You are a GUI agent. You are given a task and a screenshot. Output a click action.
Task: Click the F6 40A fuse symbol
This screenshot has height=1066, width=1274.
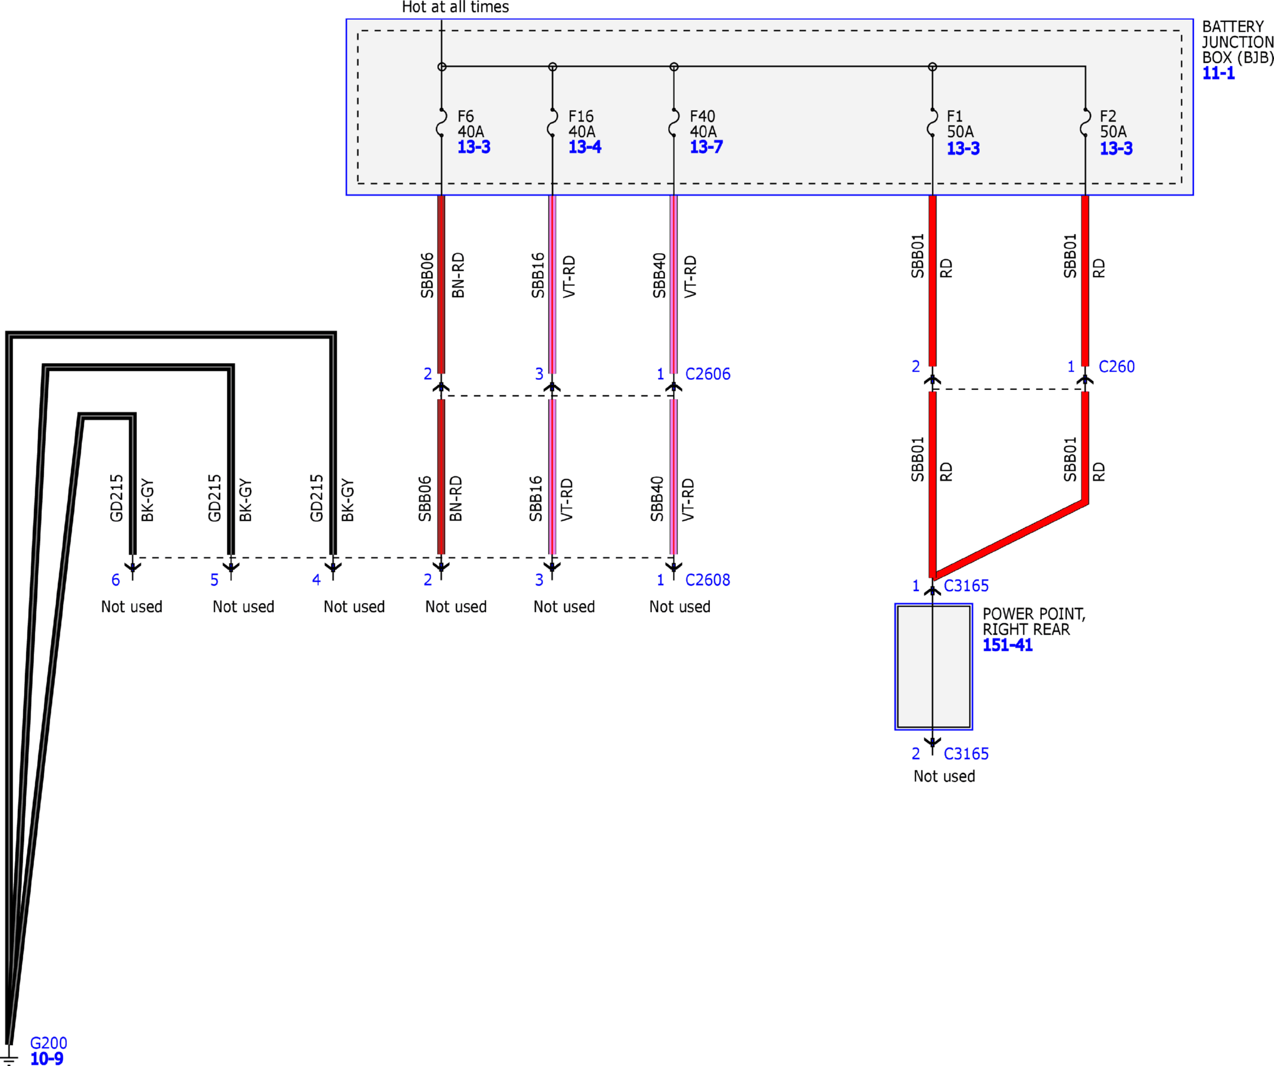pos(441,123)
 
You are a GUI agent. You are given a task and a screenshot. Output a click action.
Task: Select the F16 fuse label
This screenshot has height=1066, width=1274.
pos(581,116)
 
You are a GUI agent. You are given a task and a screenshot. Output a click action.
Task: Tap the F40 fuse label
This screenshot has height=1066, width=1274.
pos(702,116)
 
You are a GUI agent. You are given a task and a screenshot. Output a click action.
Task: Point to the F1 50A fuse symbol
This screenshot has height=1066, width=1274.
pos(932,123)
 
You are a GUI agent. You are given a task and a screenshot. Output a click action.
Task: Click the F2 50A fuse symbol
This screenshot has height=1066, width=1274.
pos(1086,123)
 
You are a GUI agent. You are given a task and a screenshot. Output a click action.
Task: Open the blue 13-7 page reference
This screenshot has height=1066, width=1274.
pos(706,147)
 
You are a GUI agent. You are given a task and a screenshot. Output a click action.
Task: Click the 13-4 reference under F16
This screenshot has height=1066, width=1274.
pos(585,147)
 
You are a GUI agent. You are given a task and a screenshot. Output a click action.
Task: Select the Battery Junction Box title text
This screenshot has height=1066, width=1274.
pos(1238,42)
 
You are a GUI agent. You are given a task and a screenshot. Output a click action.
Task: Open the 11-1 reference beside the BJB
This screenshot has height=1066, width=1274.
pos(1218,74)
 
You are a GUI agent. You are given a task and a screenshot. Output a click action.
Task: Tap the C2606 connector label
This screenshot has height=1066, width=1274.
pos(708,374)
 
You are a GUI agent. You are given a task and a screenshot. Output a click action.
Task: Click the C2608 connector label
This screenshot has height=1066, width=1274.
pos(708,580)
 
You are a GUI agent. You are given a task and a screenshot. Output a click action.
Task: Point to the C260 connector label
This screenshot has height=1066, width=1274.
pos(1116,367)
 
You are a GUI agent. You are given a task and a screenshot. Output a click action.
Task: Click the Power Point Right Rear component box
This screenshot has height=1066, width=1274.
pos(934,666)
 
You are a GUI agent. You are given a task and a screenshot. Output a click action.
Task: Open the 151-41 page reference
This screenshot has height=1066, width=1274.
pos(1007,645)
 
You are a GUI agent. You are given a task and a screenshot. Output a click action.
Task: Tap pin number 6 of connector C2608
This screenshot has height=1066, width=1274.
pos(115,580)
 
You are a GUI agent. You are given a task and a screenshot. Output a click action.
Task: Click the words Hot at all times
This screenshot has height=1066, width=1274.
pos(455,7)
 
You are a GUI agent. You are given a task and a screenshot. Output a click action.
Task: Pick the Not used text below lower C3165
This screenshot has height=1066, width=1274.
pos(944,776)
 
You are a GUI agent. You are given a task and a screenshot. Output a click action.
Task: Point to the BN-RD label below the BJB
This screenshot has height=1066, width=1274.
pos(458,275)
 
